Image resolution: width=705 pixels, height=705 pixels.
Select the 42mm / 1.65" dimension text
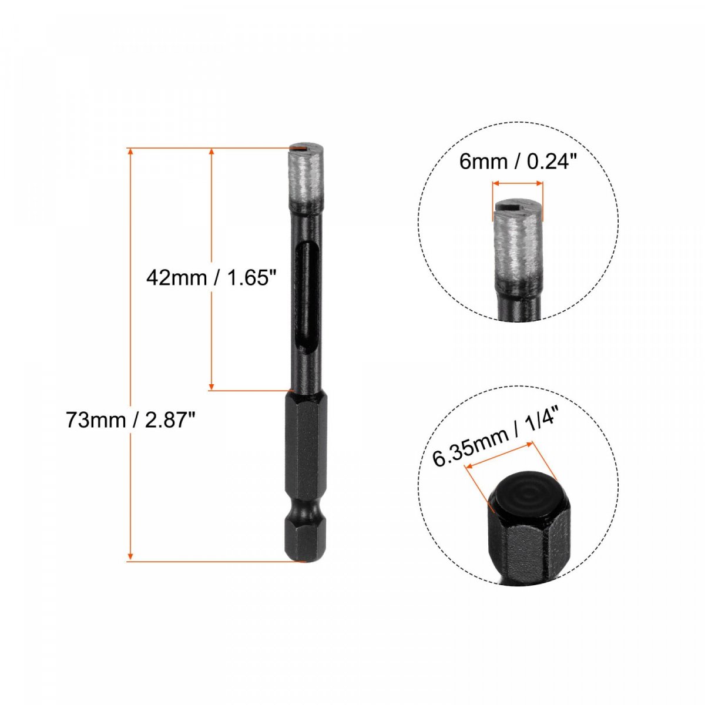[210, 278]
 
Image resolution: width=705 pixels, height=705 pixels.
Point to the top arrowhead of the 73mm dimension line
[129, 152]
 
